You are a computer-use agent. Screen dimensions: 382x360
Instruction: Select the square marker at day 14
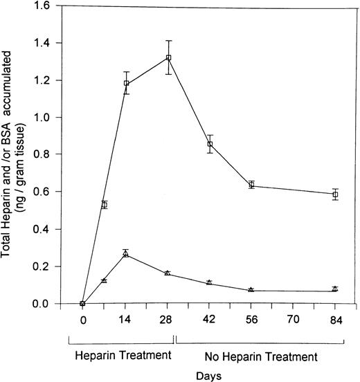[126, 83]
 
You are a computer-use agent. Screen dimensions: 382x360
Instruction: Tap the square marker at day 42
[210, 144]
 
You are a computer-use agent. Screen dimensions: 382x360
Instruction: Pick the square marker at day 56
[251, 185]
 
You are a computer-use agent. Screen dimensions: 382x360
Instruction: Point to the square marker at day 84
[335, 194]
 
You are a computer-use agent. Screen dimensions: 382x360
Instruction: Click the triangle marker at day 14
[126, 254]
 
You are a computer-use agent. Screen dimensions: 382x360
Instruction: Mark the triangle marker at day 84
[335, 289]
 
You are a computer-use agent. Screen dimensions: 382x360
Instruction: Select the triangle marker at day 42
[210, 282]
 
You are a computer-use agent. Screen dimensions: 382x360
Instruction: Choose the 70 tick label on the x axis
[294, 320]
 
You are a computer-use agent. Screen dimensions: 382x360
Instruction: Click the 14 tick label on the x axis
[126, 320]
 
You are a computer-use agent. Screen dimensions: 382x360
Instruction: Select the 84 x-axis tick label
[335, 320]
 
